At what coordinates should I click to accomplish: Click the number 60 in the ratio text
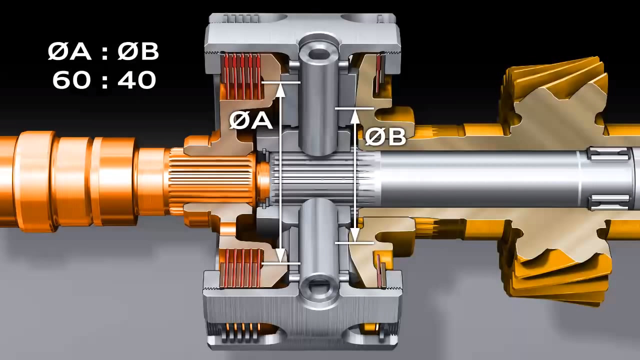click(71, 80)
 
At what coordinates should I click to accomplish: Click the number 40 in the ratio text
click(137, 80)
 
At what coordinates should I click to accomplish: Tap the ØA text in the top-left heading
click(69, 51)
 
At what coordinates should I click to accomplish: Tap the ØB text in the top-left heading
click(138, 51)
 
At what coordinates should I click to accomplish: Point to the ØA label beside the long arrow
click(250, 120)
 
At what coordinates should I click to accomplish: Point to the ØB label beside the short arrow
click(385, 136)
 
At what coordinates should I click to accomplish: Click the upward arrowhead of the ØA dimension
click(281, 89)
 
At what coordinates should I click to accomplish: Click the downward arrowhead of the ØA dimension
click(281, 256)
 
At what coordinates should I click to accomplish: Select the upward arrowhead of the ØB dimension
click(354, 115)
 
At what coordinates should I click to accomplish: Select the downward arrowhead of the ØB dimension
click(354, 236)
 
